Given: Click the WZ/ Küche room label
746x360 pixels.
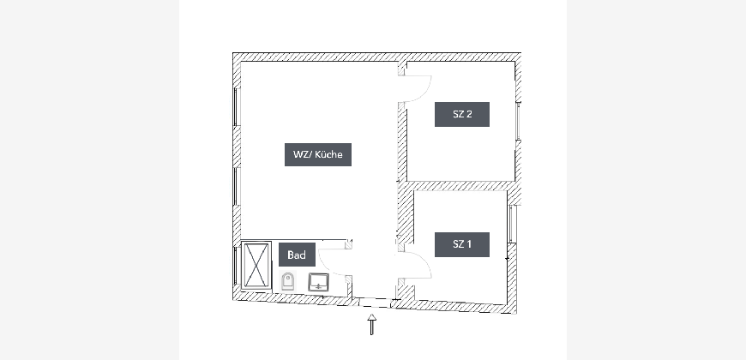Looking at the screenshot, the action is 318,154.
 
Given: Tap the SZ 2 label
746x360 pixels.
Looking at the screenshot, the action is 462,114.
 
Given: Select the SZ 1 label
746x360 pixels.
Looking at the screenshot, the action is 462,244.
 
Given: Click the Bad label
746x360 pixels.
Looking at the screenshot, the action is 297,255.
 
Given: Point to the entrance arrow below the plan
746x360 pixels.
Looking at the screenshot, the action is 371,324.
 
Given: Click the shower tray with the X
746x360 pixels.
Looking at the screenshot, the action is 256,266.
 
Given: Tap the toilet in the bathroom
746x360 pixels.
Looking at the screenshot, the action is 287,281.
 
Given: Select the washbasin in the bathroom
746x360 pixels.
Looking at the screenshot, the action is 318,281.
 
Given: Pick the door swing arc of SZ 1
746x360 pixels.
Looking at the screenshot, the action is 424,261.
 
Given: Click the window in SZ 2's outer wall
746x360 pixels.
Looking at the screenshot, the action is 518,121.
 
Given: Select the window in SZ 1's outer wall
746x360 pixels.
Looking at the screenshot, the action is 511,224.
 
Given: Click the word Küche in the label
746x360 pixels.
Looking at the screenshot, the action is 328,154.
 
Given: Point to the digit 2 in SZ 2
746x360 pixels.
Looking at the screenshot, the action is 469,114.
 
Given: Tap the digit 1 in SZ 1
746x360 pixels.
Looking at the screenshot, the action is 469,244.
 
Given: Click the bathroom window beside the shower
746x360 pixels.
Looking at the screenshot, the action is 235,266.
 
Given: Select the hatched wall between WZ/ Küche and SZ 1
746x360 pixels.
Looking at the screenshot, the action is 403,213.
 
